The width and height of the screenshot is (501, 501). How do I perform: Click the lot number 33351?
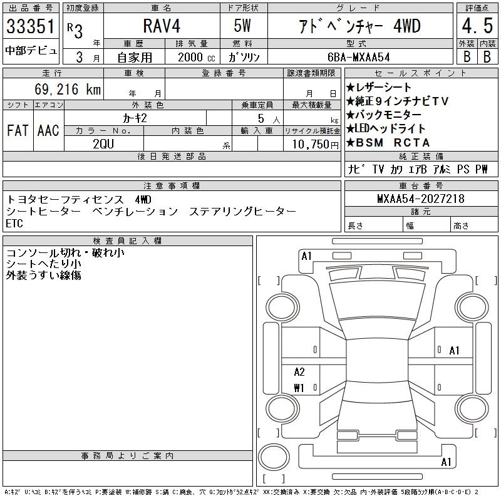[x=30, y=26]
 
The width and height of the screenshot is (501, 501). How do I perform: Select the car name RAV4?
[x=162, y=26]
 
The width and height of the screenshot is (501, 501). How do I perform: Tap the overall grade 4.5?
[x=477, y=26]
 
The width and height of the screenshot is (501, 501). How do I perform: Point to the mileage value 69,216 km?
[x=68, y=89]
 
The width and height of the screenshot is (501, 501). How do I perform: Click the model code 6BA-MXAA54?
[x=358, y=57]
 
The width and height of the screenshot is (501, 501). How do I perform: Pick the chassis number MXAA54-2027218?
[x=421, y=199]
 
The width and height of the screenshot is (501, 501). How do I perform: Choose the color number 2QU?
[x=103, y=144]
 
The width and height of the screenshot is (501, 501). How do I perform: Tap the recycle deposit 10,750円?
[x=315, y=145]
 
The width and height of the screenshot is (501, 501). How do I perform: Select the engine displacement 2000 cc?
[x=197, y=58]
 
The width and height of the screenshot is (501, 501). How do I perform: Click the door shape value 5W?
[x=242, y=26]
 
